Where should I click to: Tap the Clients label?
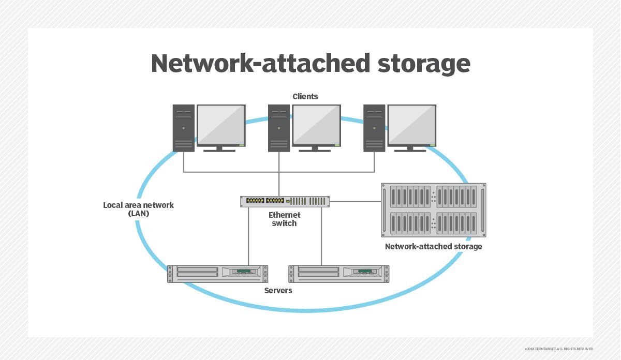point(305,96)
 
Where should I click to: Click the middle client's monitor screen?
point(316,125)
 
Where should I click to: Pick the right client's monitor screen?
point(411,125)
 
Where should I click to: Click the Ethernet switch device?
point(285,201)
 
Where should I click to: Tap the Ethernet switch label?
point(284,219)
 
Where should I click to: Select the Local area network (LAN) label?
point(138,209)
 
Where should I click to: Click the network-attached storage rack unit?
point(433,210)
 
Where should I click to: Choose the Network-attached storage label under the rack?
point(433,247)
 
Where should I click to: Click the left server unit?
point(217,274)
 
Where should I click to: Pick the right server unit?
point(338,274)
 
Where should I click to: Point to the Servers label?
point(278,291)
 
